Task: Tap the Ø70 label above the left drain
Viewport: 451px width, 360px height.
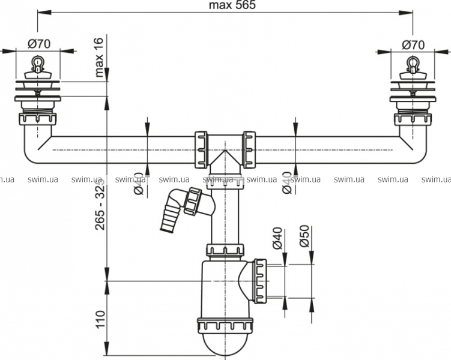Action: pos(38,44)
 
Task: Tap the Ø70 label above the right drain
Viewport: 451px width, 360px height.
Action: pos(413,44)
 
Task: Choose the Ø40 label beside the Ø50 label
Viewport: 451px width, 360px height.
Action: pos(277,237)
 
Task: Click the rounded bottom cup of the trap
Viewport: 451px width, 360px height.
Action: pos(226,345)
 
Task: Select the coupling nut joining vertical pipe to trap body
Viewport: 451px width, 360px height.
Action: pos(226,249)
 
